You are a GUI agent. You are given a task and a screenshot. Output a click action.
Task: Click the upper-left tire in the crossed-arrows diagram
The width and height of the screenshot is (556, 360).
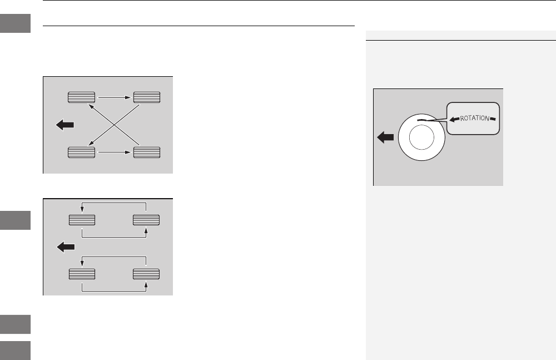click(x=81, y=97)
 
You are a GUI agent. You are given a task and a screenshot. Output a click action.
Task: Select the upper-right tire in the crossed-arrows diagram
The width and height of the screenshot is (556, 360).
click(x=147, y=97)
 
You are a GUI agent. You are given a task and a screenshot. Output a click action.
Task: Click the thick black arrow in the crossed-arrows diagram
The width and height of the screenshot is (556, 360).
click(x=65, y=125)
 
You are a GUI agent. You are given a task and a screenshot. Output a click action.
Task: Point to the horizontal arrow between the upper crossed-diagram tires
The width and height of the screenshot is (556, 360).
click(x=114, y=97)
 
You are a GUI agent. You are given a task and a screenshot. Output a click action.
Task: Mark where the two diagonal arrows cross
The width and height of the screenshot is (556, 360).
click(x=114, y=124)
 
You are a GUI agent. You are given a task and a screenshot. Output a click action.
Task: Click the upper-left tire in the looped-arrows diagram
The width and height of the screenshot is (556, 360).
click(x=81, y=220)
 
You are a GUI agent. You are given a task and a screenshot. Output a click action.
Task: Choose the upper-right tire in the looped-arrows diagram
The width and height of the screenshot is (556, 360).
click(x=147, y=220)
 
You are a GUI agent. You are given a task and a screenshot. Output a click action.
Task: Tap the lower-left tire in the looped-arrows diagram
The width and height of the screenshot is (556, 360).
click(x=81, y=273)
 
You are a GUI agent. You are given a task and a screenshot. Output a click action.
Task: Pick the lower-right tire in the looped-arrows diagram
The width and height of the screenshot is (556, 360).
click(x=147, y=273)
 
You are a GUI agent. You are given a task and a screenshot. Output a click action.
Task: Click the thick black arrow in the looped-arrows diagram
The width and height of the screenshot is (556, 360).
click(x=65, y=246)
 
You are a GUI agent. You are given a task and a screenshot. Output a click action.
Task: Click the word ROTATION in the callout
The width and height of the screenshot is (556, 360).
click(x=473, y=117)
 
